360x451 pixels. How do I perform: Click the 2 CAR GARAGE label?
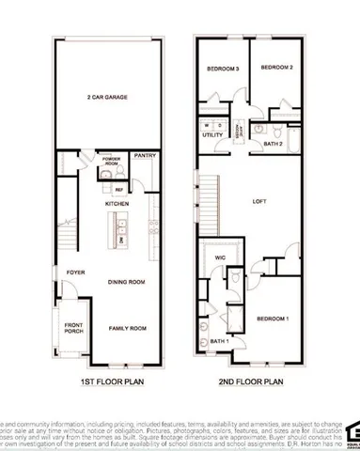107,97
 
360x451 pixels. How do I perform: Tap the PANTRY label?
144,155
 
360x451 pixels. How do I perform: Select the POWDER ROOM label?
111,161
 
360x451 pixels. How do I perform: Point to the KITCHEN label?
117,203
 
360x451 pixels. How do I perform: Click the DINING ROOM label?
124,281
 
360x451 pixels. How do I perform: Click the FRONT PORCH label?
73,329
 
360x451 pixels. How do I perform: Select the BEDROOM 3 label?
224,69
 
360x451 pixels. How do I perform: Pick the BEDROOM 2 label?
277,69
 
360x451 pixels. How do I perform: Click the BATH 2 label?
274,143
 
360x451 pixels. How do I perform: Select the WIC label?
222,257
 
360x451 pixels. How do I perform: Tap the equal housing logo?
352,431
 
